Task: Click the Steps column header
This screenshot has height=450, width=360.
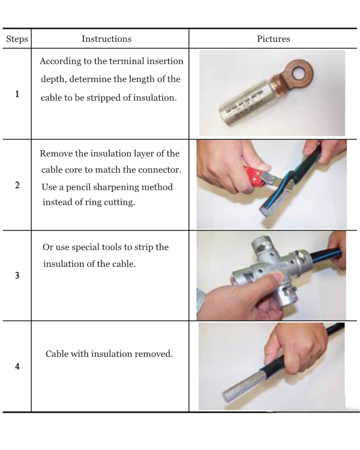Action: (17, 39)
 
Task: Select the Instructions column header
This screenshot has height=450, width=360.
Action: (107, 39)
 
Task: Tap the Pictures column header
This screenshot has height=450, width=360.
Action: (274, 39)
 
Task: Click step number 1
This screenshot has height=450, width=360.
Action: (17, 94)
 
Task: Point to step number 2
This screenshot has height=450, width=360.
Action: (17, 185)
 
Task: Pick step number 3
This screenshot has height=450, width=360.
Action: (17, 275)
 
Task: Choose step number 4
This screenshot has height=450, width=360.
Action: (17, 366)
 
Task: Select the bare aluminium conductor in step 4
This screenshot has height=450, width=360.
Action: (242, 386)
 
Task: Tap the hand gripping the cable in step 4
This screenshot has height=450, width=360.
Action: (296, 347)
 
